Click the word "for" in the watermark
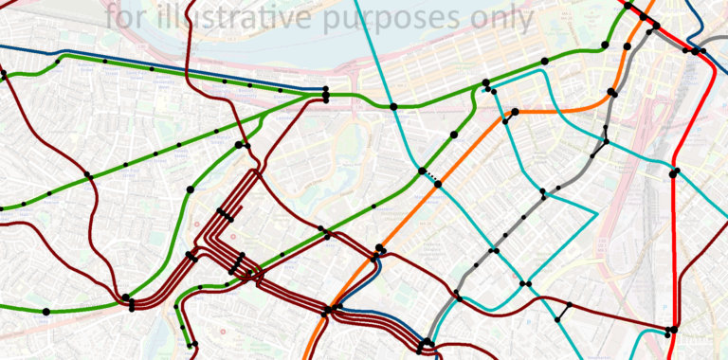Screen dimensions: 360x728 point(127,16)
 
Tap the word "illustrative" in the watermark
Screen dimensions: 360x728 point(238,16)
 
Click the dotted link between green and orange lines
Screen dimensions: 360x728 point(429,177)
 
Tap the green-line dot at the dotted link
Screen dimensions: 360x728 point(422,171)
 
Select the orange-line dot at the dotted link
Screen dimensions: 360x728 point(438,184)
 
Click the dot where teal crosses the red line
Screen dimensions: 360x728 point(673,172)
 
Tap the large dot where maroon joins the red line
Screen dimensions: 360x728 point(671,330)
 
